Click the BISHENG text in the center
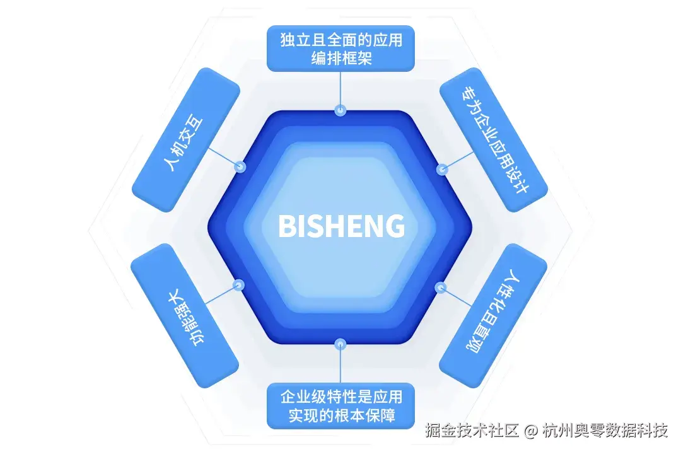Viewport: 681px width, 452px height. (341, 226)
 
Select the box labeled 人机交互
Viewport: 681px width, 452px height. (185, 139)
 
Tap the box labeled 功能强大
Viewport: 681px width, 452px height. (184, 315)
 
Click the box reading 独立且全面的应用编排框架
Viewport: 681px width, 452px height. (340, 49)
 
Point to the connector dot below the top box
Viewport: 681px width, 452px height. (340, 110)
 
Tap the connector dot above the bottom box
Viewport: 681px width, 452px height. (340, 344)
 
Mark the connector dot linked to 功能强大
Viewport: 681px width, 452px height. (238, 285)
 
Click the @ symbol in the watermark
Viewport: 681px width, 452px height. (531, 431)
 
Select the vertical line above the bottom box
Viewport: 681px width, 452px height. (340, 366)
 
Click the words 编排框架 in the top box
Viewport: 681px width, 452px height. (340, 58)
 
